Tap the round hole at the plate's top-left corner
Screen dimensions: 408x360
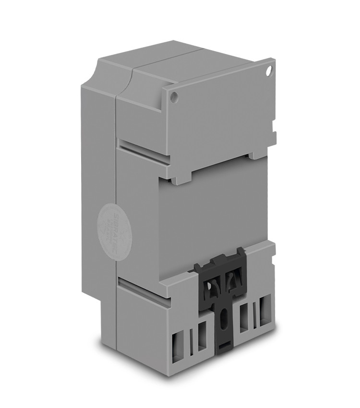point(174,97)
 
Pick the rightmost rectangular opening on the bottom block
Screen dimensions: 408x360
point(263,312)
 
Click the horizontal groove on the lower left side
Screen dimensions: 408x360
point(144,291)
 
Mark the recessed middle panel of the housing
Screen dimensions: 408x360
point(216,211)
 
